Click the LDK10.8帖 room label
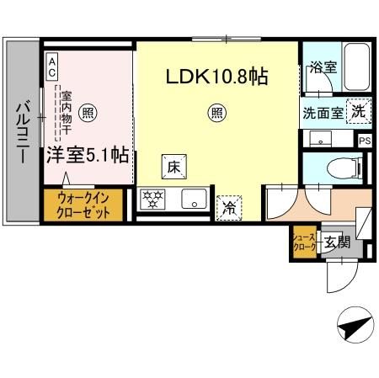217,77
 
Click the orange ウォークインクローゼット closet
83,205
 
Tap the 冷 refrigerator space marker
227,205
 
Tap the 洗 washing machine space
359,111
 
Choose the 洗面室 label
323,113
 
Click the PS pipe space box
364,141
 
